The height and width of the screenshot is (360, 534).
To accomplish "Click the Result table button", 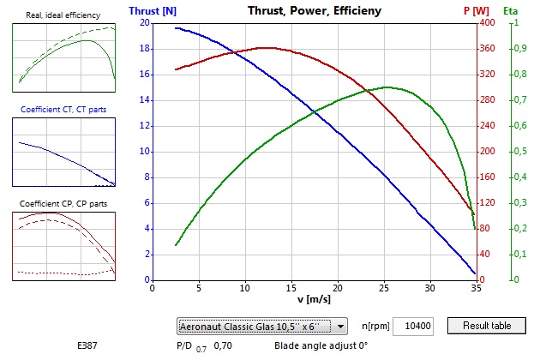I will (487, 326).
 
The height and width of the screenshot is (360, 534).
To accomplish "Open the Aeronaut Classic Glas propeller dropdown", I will (262, 327).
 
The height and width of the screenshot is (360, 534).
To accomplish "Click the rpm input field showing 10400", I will (417, 327).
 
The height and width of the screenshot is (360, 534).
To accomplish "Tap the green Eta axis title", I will (510, 12).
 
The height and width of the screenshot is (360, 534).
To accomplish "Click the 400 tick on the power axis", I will (487, 23).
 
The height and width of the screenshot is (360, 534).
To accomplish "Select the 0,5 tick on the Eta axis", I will (518, 152).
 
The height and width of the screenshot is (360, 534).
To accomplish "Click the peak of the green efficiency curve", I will (387, 87).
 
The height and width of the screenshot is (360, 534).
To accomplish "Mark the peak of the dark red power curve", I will (267, 48).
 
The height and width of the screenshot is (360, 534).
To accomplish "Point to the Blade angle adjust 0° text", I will (321, 346).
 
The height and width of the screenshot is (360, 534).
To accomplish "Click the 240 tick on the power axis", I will (487, 126).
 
